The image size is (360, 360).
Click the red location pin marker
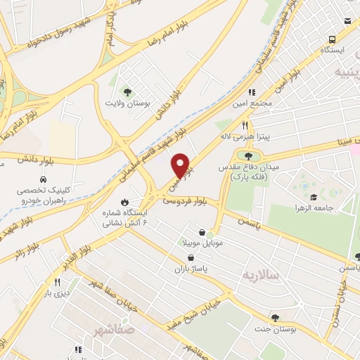point(181,165)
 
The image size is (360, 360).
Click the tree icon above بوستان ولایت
point(127,91)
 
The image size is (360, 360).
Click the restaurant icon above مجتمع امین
point(251,91)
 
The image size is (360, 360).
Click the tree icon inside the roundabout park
point(247,155)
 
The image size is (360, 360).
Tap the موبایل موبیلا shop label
point(202,243)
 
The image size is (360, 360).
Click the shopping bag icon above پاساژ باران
point(191,258)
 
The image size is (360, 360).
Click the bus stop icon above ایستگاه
point(348,39)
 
